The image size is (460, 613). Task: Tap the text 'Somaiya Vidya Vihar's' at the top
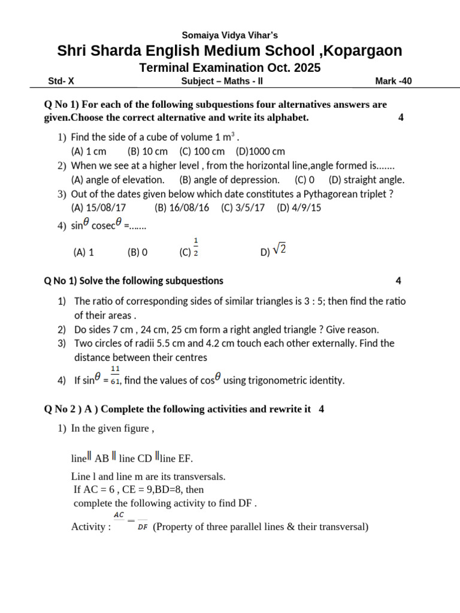pos(230,35)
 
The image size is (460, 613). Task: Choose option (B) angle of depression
pos(229,180)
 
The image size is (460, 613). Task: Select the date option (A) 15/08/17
pos(98,208)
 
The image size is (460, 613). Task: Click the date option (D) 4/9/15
pos(299,208)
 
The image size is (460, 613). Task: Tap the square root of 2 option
pos(279,251)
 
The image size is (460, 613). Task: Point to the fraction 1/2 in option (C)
pos(196,247)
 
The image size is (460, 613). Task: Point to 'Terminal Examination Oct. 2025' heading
pos(230,68)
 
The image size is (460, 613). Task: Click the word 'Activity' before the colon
pos(88,527)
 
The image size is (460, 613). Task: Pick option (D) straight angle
pos(367,180)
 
